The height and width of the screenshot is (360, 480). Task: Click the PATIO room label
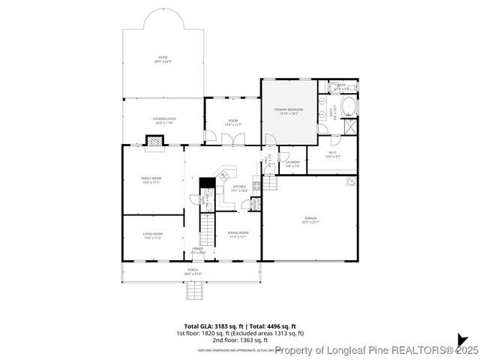point(163,59)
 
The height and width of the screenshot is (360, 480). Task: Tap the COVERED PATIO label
point(163,121)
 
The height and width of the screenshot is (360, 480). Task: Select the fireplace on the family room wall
point(154,141)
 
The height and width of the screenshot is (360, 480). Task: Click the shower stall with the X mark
point(349,127)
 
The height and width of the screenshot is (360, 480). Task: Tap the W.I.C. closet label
point(333,154)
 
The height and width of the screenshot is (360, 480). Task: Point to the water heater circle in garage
point(350,181)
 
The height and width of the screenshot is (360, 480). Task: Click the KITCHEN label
point(239,188)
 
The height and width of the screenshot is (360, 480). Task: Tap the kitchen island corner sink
point(223,175)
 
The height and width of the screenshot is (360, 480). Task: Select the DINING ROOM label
point(238,235)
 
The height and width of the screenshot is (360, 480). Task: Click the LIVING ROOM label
point(153,236)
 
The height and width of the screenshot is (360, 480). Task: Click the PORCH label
point(193,271)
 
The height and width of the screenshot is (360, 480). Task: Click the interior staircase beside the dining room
point(206,229)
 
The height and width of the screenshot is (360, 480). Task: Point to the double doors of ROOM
point(237,139)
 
